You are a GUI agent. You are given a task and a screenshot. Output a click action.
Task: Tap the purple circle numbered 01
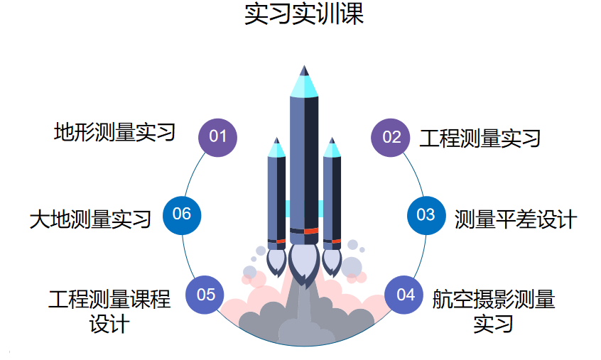click(x=217, y=136)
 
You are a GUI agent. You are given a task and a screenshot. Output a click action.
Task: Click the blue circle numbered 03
click(x=426, y=214)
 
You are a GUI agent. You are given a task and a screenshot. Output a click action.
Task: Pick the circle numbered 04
click(x=405, y=294)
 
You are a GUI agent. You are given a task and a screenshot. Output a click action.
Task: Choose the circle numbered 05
click(x=205, y=294)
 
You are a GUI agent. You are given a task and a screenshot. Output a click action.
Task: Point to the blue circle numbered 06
click(x=182, y=214)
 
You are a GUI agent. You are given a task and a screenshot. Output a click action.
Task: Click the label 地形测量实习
click(x=114, y=132)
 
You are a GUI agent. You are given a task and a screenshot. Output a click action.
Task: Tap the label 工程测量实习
click(x=480, y=138)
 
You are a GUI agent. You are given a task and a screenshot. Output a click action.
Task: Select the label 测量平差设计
click(x=516, y=219)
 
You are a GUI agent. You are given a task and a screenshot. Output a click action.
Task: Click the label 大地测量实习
click(x=90, y=219)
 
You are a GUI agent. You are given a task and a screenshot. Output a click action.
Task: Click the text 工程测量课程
click(x=109, y=299)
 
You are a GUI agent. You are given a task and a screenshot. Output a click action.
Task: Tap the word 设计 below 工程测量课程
click(x=109, y=324)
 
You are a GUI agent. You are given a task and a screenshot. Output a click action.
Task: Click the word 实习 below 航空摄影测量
click(x=494, y=324)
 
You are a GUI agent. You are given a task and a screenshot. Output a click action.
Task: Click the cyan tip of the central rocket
click(x=304, y=85)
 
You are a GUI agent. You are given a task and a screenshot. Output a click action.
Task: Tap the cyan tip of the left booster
click(x=276, y=149)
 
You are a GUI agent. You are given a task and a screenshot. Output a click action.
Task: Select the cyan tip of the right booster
click(x=331, y=149)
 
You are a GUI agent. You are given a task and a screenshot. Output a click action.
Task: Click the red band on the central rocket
click(x=310, y=230)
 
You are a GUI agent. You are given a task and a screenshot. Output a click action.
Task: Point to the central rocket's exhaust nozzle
click(x=304, y=263)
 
